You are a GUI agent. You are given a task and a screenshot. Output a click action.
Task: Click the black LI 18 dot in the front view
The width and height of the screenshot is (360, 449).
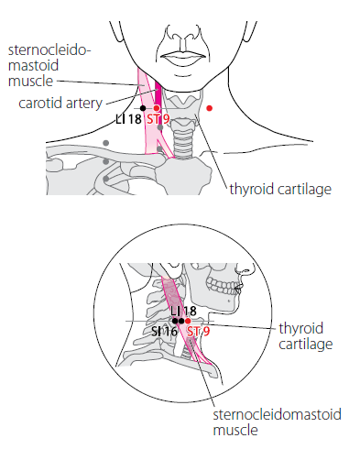pyautogui.click(x=143, y=108)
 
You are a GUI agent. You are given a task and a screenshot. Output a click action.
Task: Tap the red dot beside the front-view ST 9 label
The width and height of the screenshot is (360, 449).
pyautogui.click(x=157, y=108)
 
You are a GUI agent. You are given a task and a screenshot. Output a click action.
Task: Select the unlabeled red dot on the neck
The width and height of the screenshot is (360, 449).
pyautogui.click(x=209, y=108)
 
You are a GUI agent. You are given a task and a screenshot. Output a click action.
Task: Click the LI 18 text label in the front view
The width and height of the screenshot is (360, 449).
pyautogui.click(x=128, y=119)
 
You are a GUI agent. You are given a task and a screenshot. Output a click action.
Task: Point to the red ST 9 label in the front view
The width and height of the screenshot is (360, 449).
pyautogui.click(x=158, y=119)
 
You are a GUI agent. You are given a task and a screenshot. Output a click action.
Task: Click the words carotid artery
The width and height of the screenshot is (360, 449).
pyautogui.click(x=60, y=103)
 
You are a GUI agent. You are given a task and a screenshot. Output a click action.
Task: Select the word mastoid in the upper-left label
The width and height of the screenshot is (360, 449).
pyautogui.click(x=33, y=65)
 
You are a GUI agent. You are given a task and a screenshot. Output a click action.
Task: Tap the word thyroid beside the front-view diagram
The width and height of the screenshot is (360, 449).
pyautogui.click(x=252, y=189)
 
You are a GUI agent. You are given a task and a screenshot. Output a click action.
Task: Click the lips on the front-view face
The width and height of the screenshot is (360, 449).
pyautogui.click(x=183, y=58)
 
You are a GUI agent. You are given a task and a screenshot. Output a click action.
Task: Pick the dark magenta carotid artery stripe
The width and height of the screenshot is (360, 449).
pyautogui.click(x=158, y=93)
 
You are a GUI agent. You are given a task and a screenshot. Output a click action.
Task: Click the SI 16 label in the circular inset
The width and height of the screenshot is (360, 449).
pyautogui.click(x=164, y=332)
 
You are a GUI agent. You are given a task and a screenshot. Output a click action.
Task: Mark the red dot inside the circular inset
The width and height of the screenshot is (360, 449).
pyautogui.click(x=188, y=321)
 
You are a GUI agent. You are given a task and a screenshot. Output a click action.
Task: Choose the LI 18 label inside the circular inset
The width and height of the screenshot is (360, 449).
pyautogui.click(x=183, y=312)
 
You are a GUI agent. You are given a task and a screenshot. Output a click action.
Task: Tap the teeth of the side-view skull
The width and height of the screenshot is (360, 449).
pyautogui.click(x=223, y=287)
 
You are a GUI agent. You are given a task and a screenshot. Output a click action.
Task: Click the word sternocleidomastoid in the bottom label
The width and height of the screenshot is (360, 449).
pyautogui.click(x=277, y=414)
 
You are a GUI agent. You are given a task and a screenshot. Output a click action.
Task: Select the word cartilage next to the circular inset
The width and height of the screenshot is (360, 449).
pyautogui.click(x=306, y=345)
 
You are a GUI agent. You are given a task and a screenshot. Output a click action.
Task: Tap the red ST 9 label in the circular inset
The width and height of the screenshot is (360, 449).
pyautogui.click(x=199, y=332)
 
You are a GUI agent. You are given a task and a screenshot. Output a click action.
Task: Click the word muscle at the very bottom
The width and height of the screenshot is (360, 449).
pyautogui.click(x=235, y=430)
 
